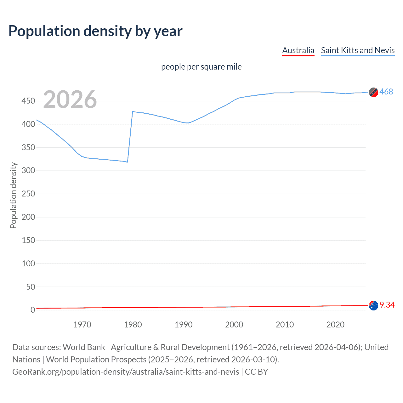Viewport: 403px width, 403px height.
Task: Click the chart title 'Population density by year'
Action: [x=95, y=31]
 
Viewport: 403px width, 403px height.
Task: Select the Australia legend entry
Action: [x=298, y=50]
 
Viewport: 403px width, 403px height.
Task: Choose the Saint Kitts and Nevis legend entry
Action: [x=358, y=50]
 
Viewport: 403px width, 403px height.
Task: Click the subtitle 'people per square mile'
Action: [x=201, y=67]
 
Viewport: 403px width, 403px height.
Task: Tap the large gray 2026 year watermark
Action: [x=70, y=99]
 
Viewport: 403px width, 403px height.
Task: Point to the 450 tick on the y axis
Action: [x=28, y=101]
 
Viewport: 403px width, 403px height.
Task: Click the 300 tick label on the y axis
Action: [x=28, y=171]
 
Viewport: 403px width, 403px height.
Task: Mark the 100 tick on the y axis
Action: [x=28, y=264]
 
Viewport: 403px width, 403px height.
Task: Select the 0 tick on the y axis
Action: [x=33, y=310]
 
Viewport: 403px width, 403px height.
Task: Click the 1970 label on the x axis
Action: [x=82, y=325]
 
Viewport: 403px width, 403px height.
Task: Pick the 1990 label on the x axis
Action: [x=184, y=325]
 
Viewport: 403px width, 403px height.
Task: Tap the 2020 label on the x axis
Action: [x=335, y=325]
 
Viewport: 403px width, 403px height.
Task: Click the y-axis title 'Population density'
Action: [x=13, y=195]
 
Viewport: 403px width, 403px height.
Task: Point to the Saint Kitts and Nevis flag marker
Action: [x=373, y=92]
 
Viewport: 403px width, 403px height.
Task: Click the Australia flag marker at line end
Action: [x=373, y=305]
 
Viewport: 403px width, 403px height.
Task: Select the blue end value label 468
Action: [x=386, y=92]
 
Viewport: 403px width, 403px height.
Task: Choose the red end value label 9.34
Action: [x=387, y=305]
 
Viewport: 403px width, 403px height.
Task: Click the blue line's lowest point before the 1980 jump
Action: [x=127, y=162]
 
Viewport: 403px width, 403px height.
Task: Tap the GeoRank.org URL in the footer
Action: [x=126, y=372]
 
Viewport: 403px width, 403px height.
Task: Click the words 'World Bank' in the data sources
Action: [x=84, y=347]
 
